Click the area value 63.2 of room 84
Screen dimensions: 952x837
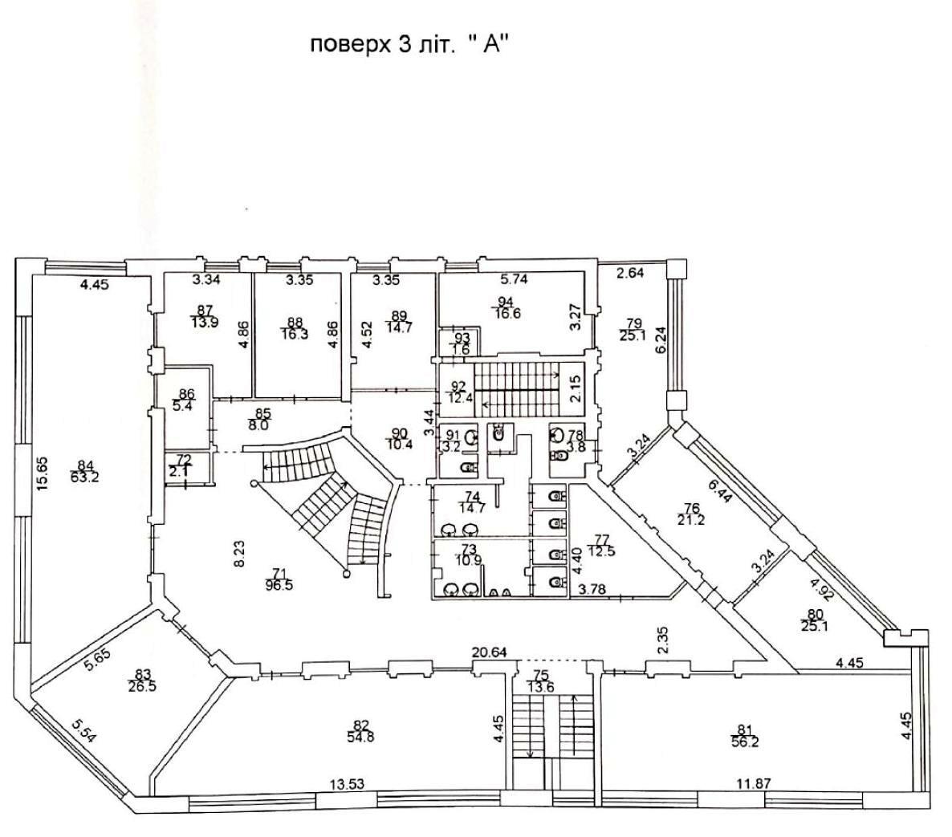click(x=85, y=477)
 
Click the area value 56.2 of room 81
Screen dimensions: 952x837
click(x=747, y=741)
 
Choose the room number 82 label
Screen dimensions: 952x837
click(x=360, y=726)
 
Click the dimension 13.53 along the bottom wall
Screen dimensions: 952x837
click(x=347, y=783)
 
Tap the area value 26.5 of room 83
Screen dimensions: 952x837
click(x=143, y=686)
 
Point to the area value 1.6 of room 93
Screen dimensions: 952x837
click(x=462, y=348)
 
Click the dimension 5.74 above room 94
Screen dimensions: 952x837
click(x=514, y=279)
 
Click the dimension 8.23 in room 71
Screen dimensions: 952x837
click(x=240, y=555)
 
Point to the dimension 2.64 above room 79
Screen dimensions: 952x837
click(x=630, y=273)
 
